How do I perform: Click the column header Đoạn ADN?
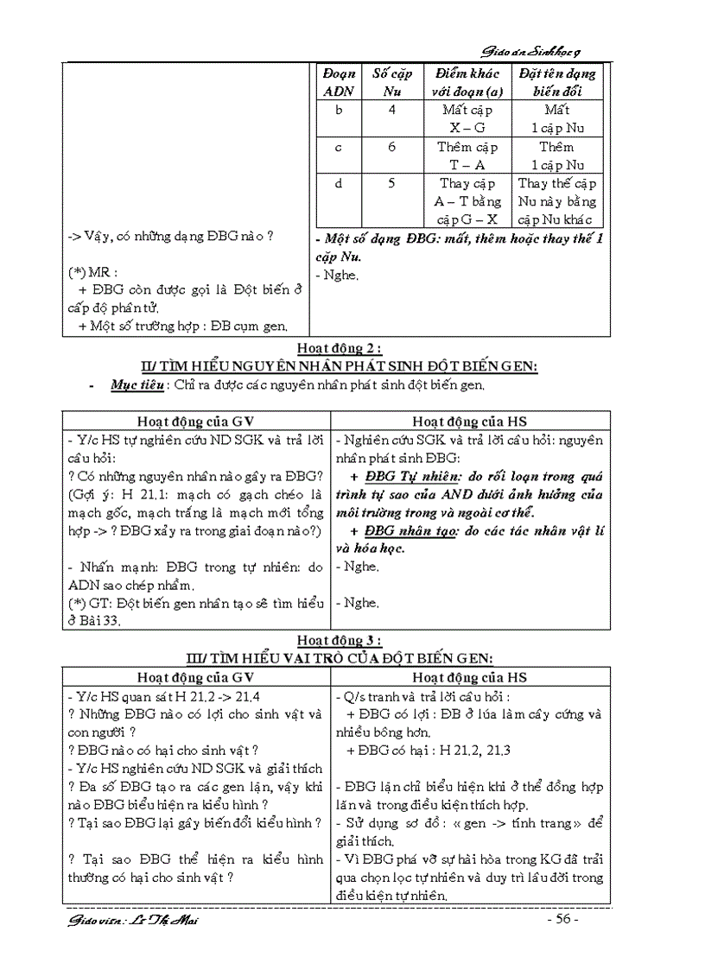click(x=338, y=82)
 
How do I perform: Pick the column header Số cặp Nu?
click(x=391, y=82)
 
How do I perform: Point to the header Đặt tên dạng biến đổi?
click(x=557, y=82)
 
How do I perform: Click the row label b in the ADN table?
click(x=338, y=111)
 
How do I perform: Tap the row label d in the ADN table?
click(x=338, y=183)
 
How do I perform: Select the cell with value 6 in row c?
click(x=391, y=147)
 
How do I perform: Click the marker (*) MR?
click(x=92, y=271)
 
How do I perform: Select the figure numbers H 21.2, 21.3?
click(x=470, y=751)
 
